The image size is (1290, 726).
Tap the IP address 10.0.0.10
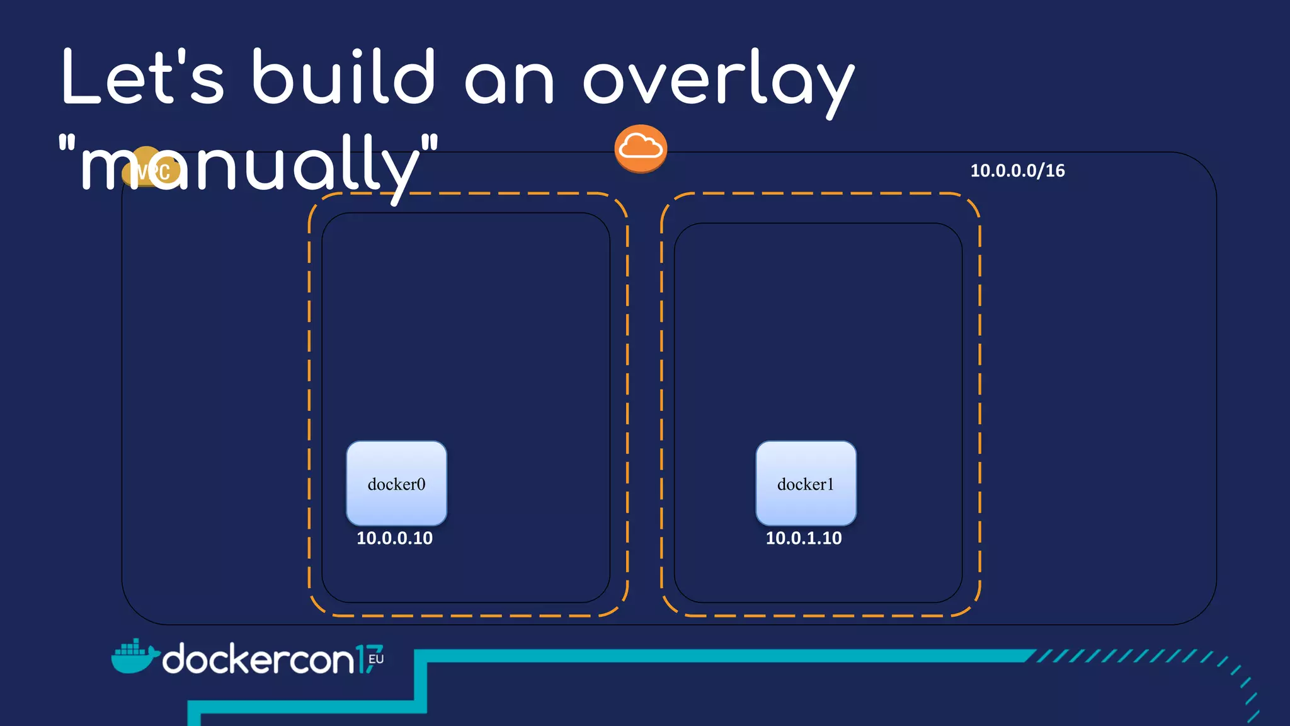point(394,538)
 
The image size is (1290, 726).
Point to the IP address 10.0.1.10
point(804,538)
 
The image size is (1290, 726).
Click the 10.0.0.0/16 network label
point(1017,171)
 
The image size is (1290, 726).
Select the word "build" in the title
point(343,77)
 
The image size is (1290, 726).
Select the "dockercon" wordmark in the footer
point(258,659)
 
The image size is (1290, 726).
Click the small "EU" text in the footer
point(376,659)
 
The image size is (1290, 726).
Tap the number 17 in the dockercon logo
point(367,659)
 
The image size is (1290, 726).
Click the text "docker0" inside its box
point(396,484)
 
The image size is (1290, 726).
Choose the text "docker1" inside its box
point(806,484)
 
